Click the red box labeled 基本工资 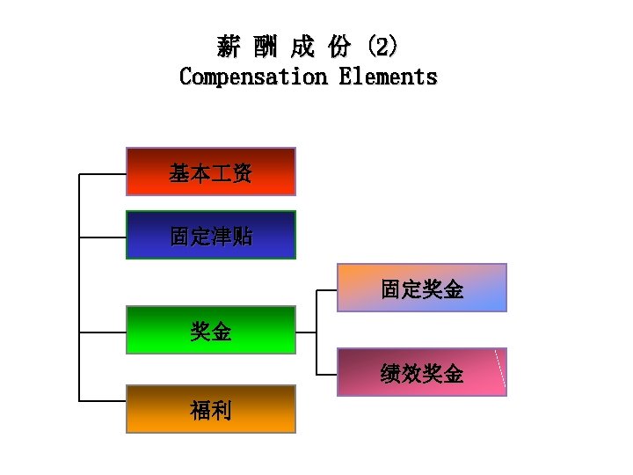point(211,172)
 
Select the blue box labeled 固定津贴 point(211,235)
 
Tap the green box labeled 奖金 point(211,330)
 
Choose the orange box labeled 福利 point(211,409)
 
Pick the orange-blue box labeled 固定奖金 point(422,288)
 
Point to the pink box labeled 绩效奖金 point(422,372)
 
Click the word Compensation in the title point(252,77)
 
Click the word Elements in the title point(388,77)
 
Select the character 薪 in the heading point(229,46)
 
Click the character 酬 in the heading point(266,46)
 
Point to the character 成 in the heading point(303,46)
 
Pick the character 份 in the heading point(340,46)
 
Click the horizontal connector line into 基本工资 point(103,174)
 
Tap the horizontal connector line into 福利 point(103,401)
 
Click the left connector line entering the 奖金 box point(103,332)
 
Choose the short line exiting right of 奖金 point(306,332)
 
